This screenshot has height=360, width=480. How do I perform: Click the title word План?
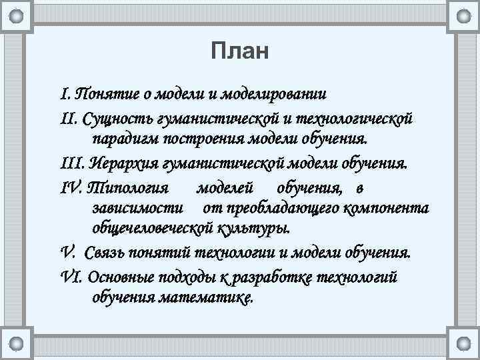[x=239, y=51]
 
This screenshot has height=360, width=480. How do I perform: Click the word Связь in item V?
[x=105, y=254]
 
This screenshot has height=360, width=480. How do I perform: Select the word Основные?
[x=120, y=276]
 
